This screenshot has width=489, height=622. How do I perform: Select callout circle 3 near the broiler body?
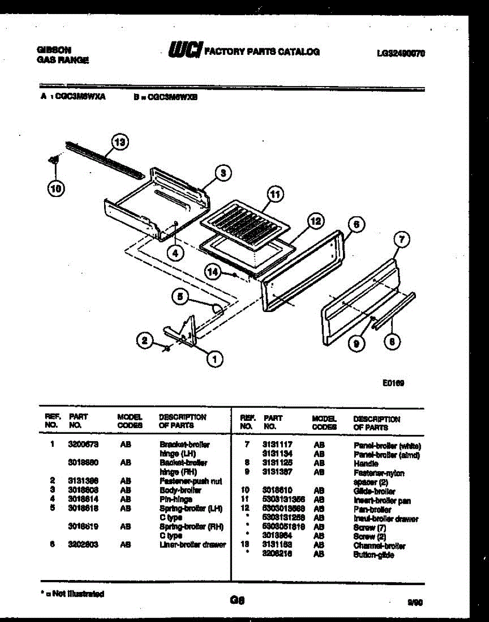(223, 173)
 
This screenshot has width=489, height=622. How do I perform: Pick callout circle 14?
(212, 271)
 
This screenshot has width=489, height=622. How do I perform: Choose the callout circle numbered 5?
(180, 296)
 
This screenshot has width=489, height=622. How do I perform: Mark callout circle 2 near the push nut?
(146, 341)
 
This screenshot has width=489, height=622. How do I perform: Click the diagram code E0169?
(393, 384)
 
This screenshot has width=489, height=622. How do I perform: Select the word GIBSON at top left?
(54, 50)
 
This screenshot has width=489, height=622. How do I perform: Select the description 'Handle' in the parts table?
(366, 463)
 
